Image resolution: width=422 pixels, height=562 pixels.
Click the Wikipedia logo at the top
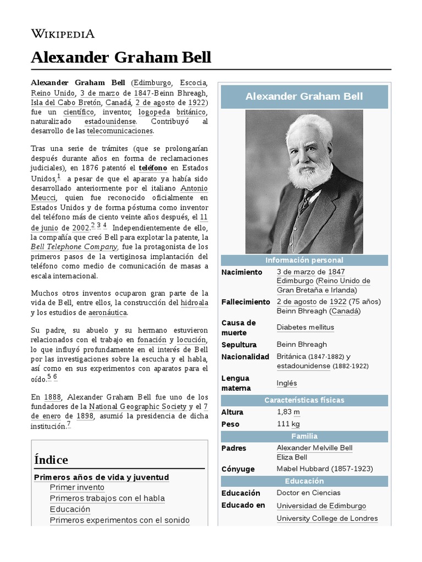click(63, 34)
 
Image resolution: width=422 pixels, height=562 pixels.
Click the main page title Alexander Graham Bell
click(121, 58)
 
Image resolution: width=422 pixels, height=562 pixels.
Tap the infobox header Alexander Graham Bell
click(304, 97)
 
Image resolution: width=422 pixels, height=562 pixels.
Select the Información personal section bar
click(304, 260)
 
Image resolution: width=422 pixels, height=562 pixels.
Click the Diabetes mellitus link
click(305, 328)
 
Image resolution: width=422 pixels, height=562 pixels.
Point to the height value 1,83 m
click(288, 412)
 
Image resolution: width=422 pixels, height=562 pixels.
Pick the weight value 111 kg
click(288, 424)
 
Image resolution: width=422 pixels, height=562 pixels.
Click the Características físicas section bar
click(304, 400)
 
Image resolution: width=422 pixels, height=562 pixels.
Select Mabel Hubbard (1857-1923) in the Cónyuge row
click(325, 469)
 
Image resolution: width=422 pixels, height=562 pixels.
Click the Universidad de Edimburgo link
click(321, 506)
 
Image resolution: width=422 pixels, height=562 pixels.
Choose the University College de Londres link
click(327, 519)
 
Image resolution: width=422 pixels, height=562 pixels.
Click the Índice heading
click(51, 459)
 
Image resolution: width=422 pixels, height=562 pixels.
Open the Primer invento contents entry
click(77, 487)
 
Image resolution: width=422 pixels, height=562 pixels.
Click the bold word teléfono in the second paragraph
click(153, 168)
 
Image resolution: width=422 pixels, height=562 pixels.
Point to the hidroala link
click(195, 302)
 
